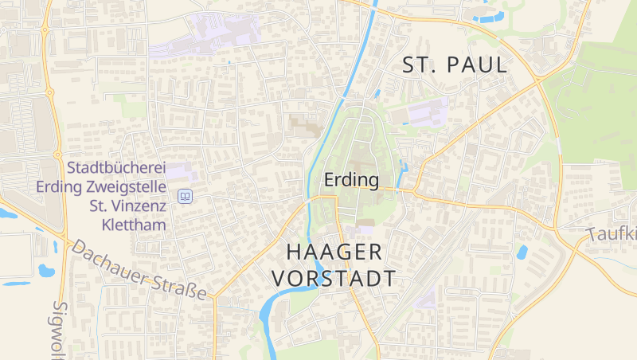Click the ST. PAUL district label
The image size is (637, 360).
(455, 65)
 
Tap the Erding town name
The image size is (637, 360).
(351, 181)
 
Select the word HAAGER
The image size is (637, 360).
(334, 252)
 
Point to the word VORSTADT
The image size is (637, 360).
(334, 279)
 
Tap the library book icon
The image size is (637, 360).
(185, 196)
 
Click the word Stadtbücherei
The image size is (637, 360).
(116, 168)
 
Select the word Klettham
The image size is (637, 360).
(134, 225)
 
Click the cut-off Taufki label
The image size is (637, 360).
(613, 234)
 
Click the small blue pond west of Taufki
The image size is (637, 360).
(522, 252)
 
